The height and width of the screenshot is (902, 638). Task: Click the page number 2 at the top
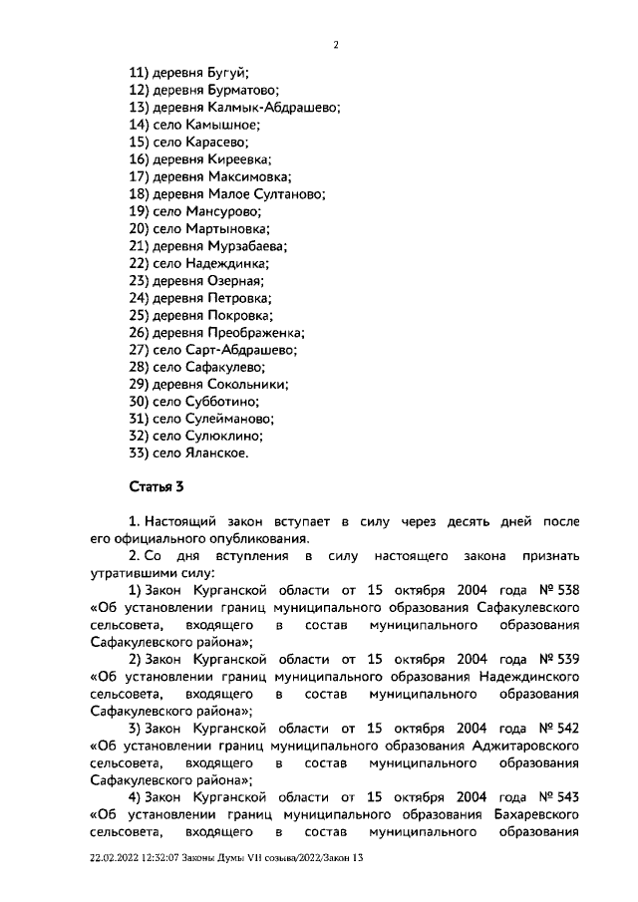coord(336,44)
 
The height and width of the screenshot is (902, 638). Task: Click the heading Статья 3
coord(157,488)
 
